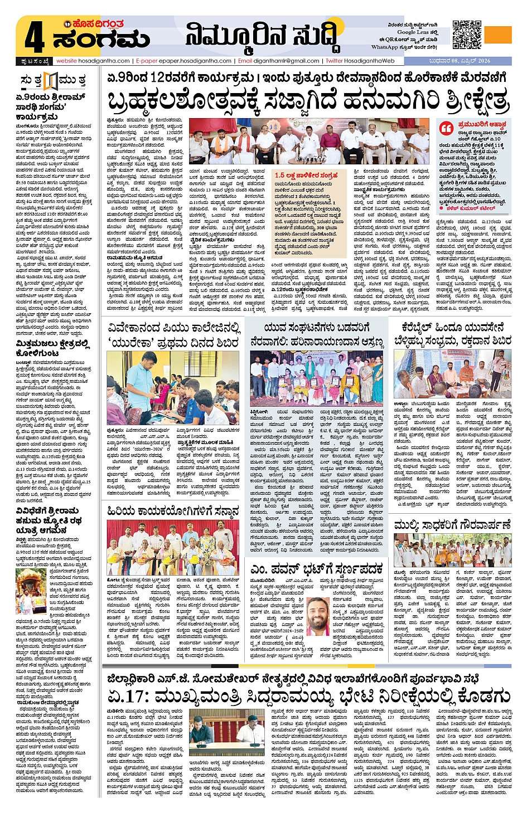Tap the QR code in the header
pyautogui.click(x=466, y=35)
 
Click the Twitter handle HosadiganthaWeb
pyautogui.click(x=369, y=61)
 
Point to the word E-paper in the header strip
pyautogui.click(x=147, y=61)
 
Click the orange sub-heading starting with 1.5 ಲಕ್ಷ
pyautogui.click(x=306, y=175)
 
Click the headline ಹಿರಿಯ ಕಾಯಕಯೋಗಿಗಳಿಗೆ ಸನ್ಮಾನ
pyautogui.click(x=173, y=511)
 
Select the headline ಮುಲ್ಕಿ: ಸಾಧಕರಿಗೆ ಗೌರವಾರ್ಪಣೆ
pyautogui.click(x=452, y=525)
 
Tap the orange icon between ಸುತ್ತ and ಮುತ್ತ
pyautogui.click(x=51, y=81)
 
